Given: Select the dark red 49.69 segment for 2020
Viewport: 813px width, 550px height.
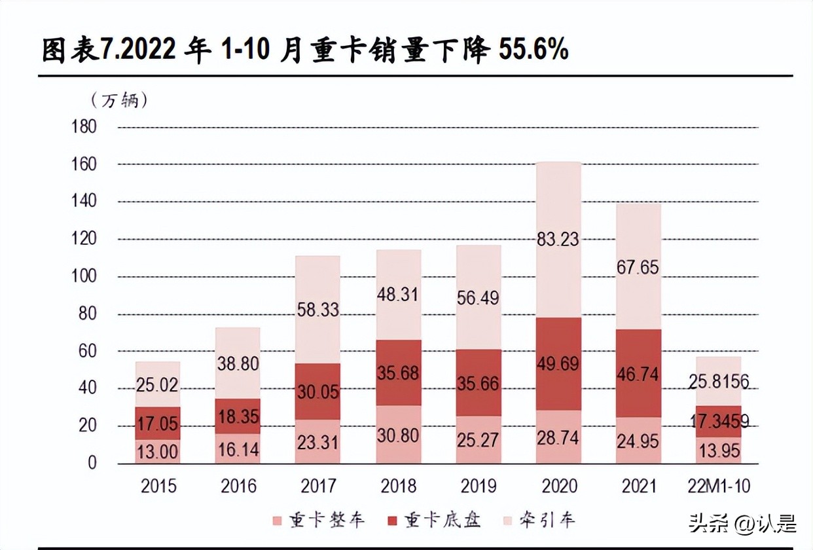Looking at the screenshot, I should [558, 363].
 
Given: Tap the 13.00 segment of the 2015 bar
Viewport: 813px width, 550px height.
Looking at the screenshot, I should [158, 452].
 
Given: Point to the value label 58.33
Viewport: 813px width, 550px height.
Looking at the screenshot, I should [318, 309].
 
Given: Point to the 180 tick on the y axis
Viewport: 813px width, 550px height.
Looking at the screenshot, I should [83, 126].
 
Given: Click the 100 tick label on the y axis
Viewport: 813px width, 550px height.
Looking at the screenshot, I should [83, 276].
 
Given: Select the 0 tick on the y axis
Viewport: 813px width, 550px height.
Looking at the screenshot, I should [92, 463].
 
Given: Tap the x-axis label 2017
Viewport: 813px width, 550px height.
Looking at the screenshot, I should [318, 486].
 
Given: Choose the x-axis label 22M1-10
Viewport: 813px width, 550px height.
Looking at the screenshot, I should [719, 486].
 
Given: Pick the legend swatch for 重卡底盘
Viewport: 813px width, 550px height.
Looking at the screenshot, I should [393, 521].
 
